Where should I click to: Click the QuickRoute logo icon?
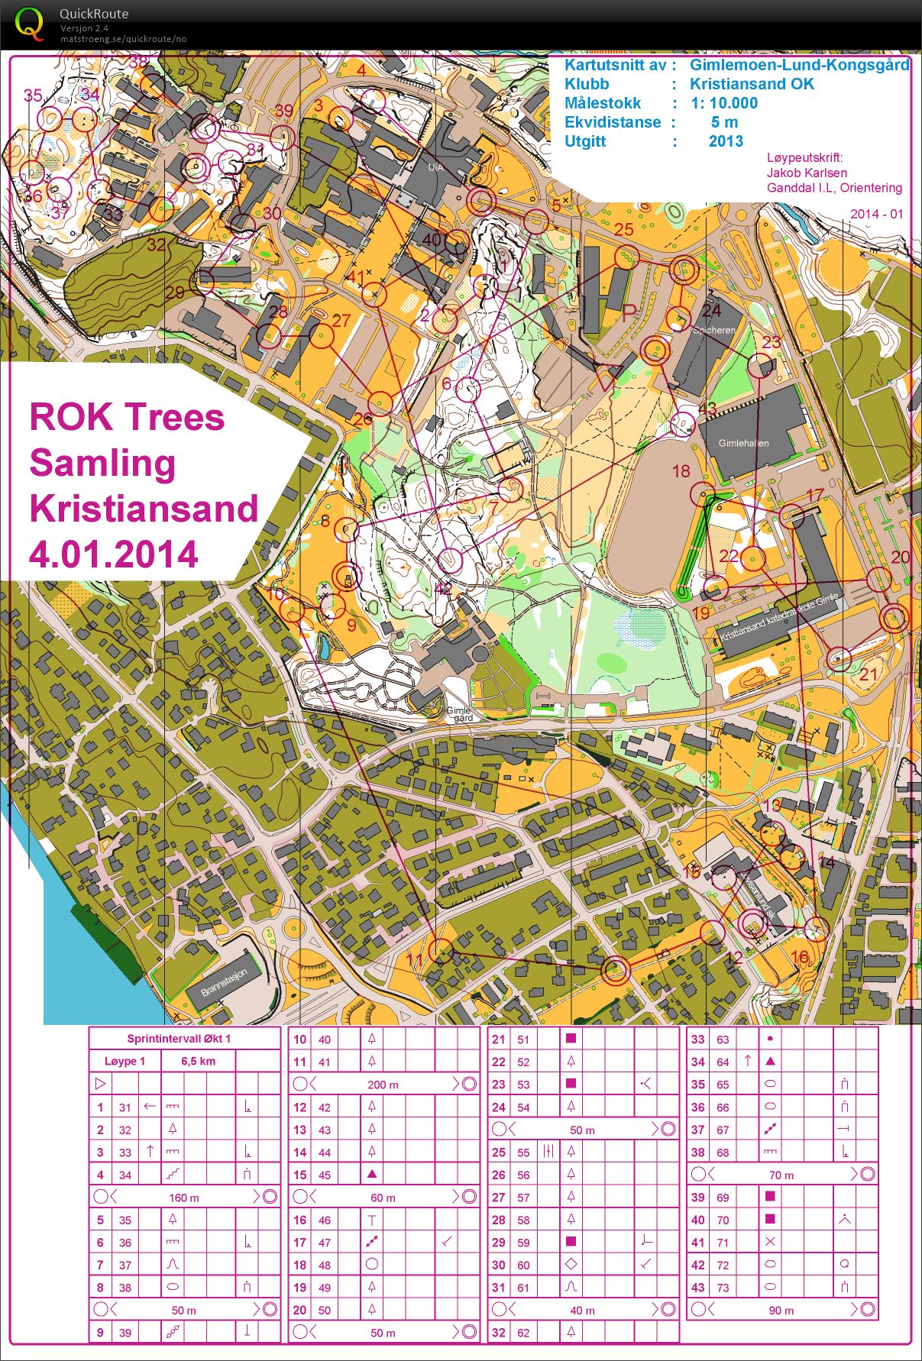pyautogui.click(x=29, y=23)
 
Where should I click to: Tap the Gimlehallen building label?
pyautogui.click(x=743, y=443)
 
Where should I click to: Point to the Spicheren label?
pyautogui.click(x=713, y=331)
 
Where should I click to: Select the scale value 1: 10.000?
pyautogui.click(x=723, y=103)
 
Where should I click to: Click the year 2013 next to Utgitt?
pyautogui.click(x=725, y=141)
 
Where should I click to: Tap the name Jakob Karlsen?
pyautogui.click(x=806, y=173)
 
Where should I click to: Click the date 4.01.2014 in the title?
pyautogui.click(x=114, y=554)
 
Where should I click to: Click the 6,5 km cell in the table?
pyautogui.click(x=198, y=1061)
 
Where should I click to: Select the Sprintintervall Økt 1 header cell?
pyautogui.click(x=179, y=1039)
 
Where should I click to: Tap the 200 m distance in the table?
pyautogui.click(x=383, y=1085)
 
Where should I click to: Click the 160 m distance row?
pyautogui.click(x=183, y=1198)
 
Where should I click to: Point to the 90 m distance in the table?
pyautogui.click(x=781, y=1311)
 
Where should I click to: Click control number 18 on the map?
pyautogui.click(x=681, y=471)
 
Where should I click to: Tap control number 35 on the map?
pyautogui.click(x=33, y=95)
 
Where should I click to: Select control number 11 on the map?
pyautogui.click(x=415, y=961)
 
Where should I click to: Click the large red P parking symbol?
pyautogui.click(x=629, y=313)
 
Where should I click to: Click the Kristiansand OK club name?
pyautogui.click(x=752, y=84)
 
